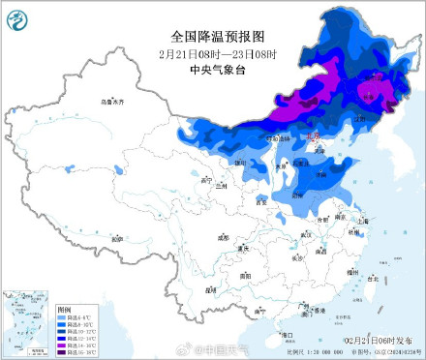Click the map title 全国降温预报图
[x=213, y=35]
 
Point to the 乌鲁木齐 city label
[x=114, y=102]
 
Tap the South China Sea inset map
[x=27, y=318]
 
